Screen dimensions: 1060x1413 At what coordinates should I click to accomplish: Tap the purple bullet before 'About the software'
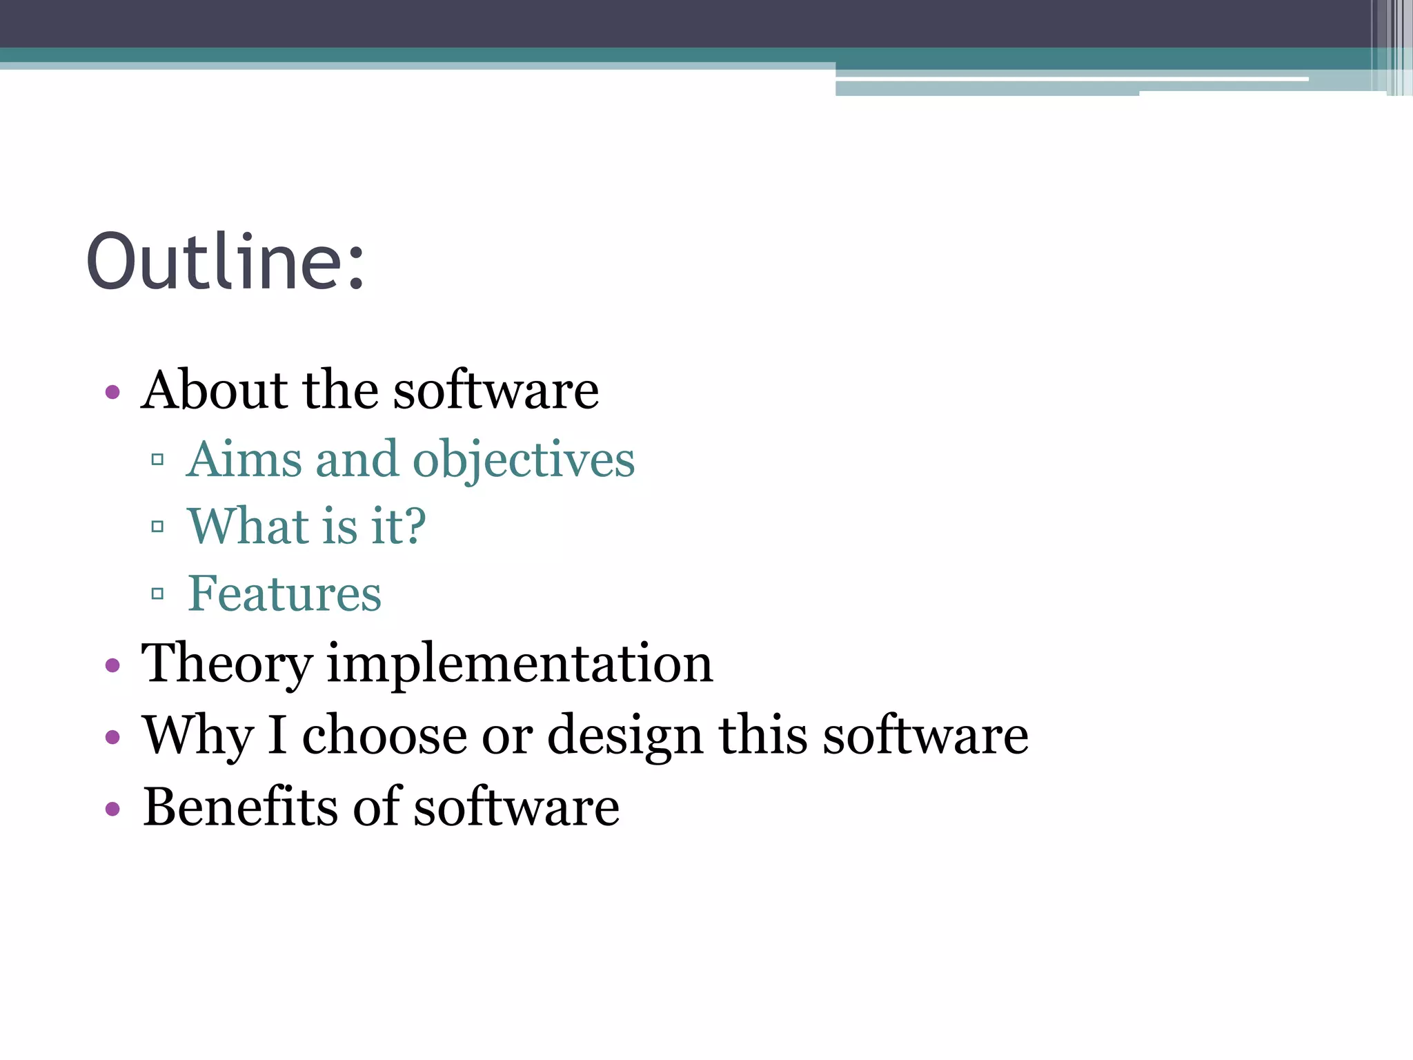[x=112, y=393]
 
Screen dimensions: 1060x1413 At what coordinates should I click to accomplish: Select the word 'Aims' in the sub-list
[x=245, y=459]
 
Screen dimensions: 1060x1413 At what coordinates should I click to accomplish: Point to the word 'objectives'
[x=524, y=460]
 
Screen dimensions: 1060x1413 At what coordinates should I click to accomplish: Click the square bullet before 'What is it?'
[x=157, y=527]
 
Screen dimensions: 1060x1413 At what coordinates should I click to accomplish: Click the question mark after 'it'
[x=413, y=526]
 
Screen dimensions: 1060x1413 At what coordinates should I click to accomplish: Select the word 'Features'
[x=284, y=593]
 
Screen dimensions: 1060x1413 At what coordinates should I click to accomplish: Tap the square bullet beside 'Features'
[x=157, y=593]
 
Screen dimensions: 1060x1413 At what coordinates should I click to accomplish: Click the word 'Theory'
[x=226, y=664]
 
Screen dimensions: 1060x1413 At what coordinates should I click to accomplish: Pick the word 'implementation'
[x=520, y=664]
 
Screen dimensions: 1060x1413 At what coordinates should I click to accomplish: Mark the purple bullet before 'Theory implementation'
[x=112, y=666]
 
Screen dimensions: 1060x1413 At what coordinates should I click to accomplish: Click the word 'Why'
[x=198, y=736]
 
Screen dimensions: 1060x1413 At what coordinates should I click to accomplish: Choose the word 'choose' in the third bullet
[x=384, y=736]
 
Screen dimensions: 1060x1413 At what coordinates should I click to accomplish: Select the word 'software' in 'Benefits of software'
[x=516, y=807]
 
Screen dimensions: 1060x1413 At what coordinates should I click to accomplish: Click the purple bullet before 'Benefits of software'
[x=112, y=808]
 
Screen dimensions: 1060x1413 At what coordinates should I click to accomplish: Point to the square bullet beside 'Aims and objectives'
[x=157, y=460]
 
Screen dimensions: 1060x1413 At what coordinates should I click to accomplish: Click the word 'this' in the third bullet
[x=763, y=735]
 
